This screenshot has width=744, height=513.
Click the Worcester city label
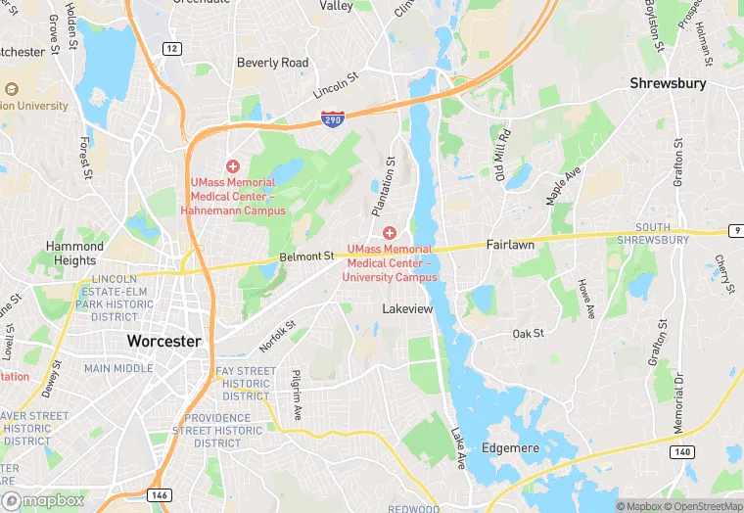click(163, 342)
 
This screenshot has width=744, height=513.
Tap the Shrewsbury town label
click(668, 83)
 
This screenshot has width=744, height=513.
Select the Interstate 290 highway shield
click(333, 118)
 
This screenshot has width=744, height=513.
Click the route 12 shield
click(172, 48)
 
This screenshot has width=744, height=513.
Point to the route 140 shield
click(682, 451)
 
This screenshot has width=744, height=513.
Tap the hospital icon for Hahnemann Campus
click(233, 167)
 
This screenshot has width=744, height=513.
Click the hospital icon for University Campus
click(390, 232)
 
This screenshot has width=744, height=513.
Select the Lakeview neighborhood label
click(406, 308)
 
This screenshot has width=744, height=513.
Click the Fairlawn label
click(510, 245)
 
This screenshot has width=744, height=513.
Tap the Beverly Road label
click(272, 63)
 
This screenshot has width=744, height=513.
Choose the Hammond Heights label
click(75, 254)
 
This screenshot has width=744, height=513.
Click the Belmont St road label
click(306, 256)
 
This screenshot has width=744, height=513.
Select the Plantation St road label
click(383, 186)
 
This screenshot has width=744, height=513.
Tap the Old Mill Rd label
click(502, 157)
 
